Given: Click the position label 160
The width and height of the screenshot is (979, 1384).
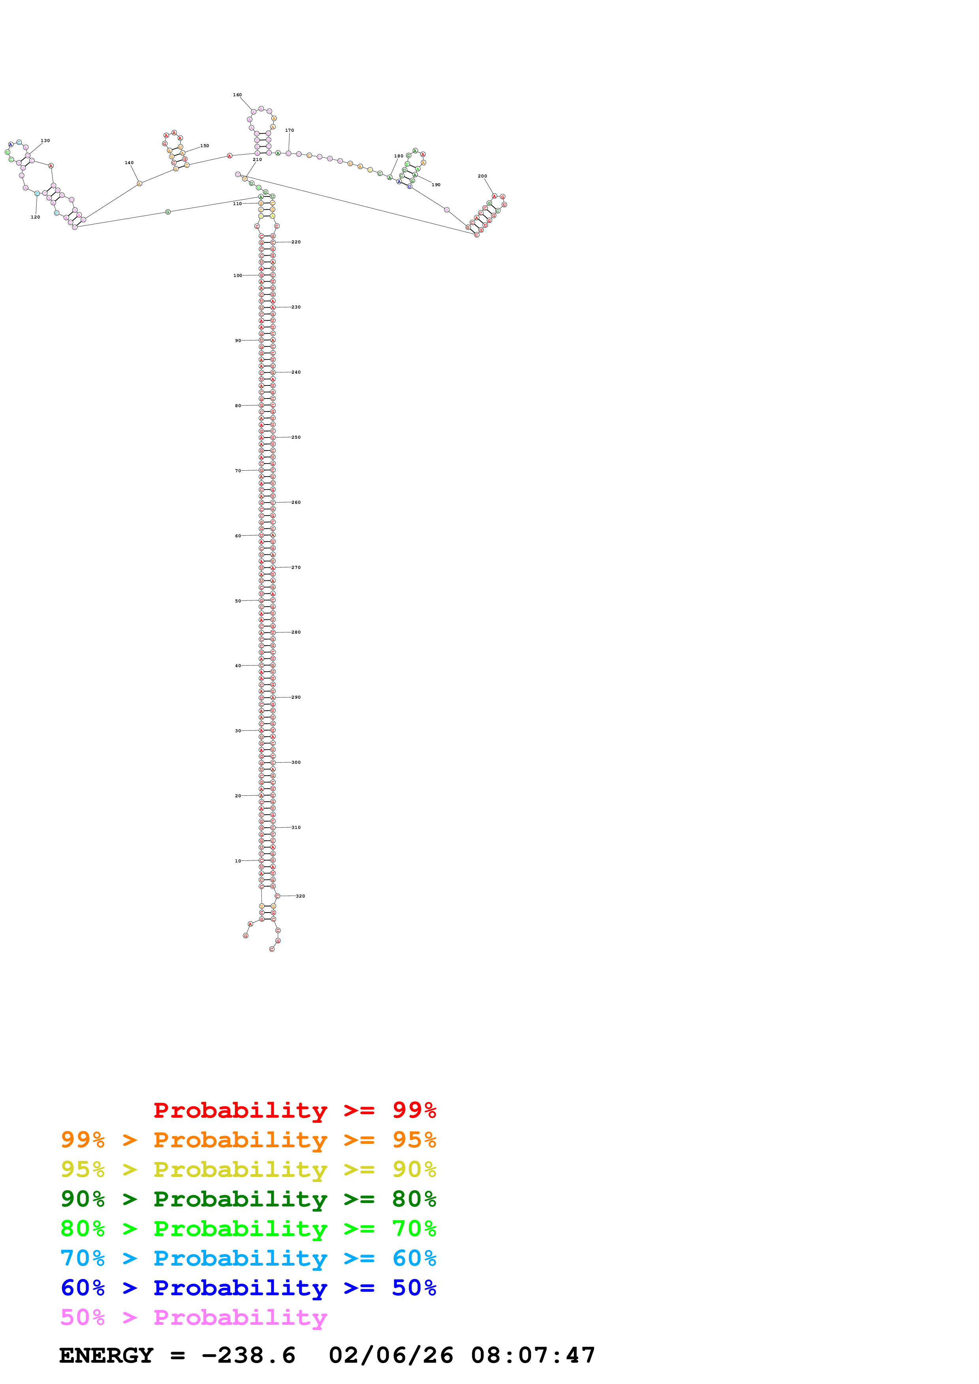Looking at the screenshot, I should [x=237, y=95].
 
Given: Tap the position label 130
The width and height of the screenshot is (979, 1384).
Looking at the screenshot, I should [x=45, y=140].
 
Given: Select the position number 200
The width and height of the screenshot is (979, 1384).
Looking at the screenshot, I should [x=482, y=176].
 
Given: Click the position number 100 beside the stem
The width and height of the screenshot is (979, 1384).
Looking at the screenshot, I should [x=238, y=275].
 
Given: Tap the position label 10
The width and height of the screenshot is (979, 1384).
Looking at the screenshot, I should [x=238, y=861].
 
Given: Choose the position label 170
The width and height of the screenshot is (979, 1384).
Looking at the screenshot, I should [x=289, y=130].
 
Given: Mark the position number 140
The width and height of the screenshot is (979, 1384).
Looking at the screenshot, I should [x=129, y=163].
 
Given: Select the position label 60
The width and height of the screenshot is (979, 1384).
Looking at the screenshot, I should [x=238, y=535].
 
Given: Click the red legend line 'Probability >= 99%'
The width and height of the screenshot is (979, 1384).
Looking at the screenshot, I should [x=294, y=1110].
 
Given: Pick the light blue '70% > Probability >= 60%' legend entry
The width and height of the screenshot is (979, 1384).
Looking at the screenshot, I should [x=248, y=1258].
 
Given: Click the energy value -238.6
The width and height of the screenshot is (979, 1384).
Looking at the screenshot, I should [x=248, y=1356].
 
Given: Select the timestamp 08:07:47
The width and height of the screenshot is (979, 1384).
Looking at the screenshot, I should [x=533, y=1356].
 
